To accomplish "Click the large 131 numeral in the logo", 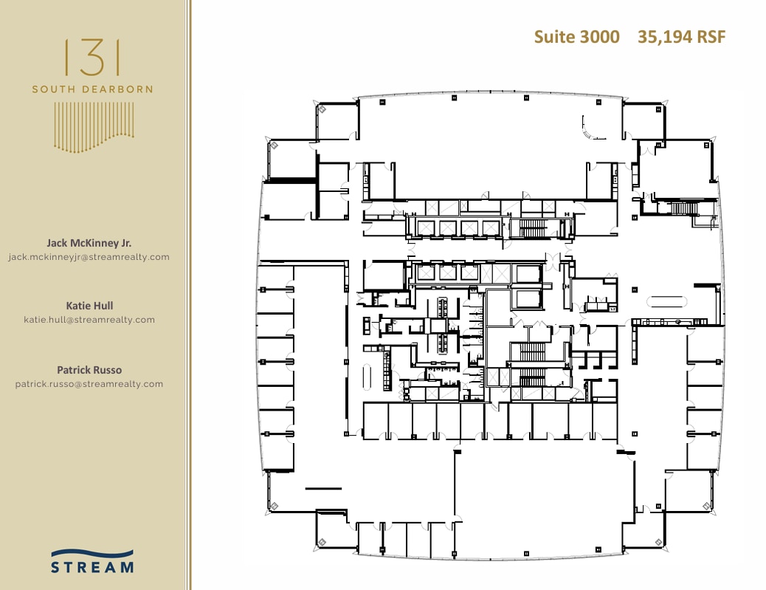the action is pyautogui.click(x=92, y=58).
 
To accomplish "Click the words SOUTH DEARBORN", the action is pyautogui.click(x=92, y=89).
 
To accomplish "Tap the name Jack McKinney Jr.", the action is pyautogui.click(x=89, y=243).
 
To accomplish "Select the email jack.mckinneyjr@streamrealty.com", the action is pyautogui.click(x=89, y=257).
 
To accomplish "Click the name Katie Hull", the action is pyautogui.click(x=89, y=306).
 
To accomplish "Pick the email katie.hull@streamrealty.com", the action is pyautogui.click(x=89, y=320).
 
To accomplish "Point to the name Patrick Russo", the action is pyautogui.click(x=89, y=370).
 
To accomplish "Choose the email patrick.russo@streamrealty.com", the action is pyautogui.click(x=89, y=384).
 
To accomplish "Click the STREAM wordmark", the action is pyautogui.click(x=92, y=567).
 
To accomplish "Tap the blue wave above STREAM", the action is pyautogui.click(x=92, y=553).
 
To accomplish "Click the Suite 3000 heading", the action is pyautogui.click(x=576, y=37).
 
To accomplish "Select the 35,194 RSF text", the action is pyautogui.click(x=681, y=37).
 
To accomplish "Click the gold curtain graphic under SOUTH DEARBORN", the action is pyautogui.click(x=94, y=127).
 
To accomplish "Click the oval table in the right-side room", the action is pyautogui.click(x=667, y=301).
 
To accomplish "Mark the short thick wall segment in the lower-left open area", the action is pyautogui.click(x=323, y=488).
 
